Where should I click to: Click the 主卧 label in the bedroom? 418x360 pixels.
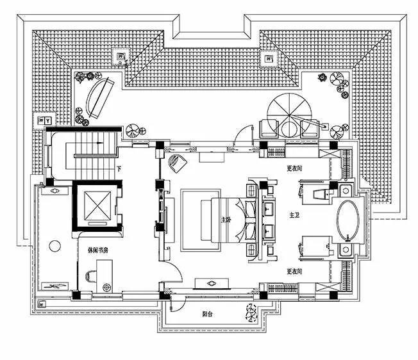click(x=225, y=220)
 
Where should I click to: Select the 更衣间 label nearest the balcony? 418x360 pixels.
click(x=295, y=270)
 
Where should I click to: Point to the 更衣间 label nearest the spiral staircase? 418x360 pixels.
click(x=294, y=169)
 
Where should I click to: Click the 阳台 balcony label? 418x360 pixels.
click(x=208, y=314)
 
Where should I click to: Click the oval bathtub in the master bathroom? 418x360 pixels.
click(x=349, y=220)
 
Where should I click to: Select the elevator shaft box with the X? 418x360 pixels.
click(x=96, y=206)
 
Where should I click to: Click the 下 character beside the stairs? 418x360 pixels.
click(x=120, y=169)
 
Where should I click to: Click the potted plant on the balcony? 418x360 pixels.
click(x=251, y=314)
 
